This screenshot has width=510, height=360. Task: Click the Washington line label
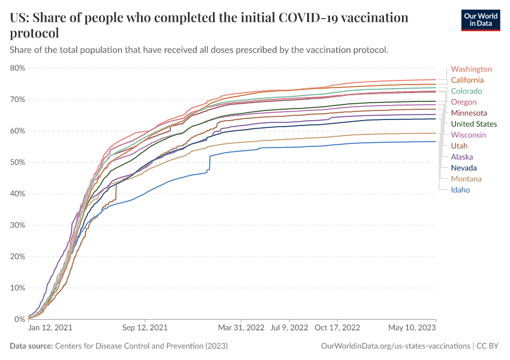(x=471, y=69)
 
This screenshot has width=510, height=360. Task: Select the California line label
(x=467, y=80)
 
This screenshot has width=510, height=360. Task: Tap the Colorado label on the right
(x=466, y=91)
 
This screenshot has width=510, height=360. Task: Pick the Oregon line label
(x=464, y=102)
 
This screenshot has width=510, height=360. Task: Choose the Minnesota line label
(x=469, y=113)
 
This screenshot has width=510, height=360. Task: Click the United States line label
(x=473, y=124)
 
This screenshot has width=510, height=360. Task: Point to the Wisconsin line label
(x=469, y=135)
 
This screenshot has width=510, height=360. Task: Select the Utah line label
(x=459, y=146)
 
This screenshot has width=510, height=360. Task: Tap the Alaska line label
(x=462, y=157)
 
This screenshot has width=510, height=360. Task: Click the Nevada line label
(x=464, y=168)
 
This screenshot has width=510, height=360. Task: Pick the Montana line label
(x=466, y=179)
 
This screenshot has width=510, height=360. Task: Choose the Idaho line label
(x=460, y=190)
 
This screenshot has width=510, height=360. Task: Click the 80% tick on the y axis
(x=18, y=68)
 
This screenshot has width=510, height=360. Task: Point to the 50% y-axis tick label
(x=18, y=163)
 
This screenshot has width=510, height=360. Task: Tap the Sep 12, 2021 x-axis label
(x=145, y=328)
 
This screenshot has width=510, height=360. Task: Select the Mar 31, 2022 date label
(x=241, y=328)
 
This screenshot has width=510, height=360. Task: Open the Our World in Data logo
(x=480, y=20)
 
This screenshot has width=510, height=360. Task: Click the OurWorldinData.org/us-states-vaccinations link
(x=395, y=346)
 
